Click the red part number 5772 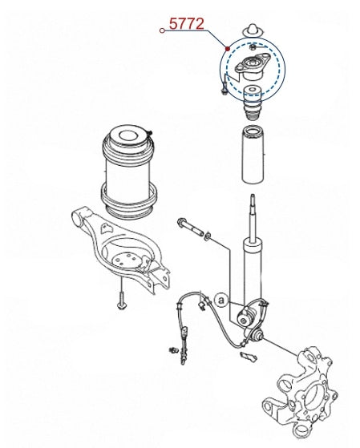tap(187, 24)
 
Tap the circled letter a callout tap(221, 300)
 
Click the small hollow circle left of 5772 tap(162, 30)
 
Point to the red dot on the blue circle tap(228, 49)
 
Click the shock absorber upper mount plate tap(253, 67)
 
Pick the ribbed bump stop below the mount tap(253, 103)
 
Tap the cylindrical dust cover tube tap(253, 155)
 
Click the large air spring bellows tap(129, 172)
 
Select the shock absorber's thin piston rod tap(253, 218)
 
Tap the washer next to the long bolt tap(208, 236)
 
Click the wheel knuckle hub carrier tap(300, 392)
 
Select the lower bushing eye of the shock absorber tap(245, 317)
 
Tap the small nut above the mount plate tap(253, 46)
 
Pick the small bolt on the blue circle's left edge tap(224, 88)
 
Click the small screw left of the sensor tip tap(173, 349)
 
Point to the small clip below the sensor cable tap(249, 357)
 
